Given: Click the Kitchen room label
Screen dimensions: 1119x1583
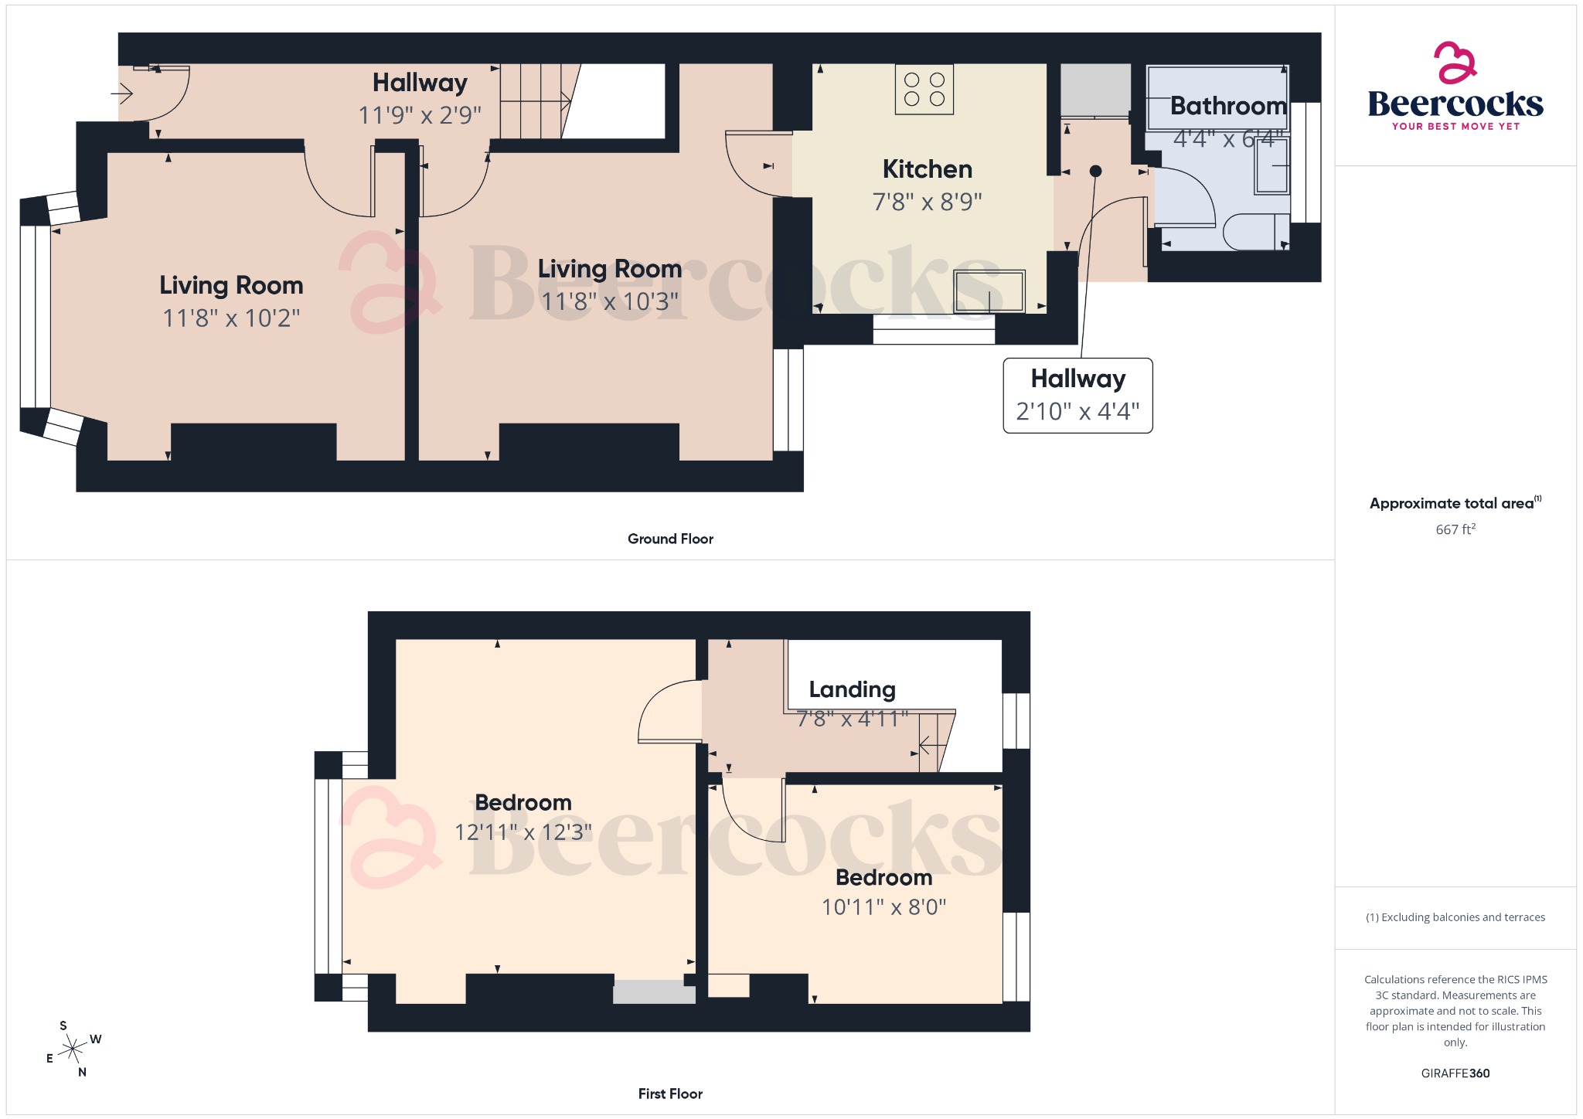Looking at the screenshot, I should click(927, 169).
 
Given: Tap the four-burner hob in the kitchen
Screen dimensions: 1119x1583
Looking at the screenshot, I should click(924, 90).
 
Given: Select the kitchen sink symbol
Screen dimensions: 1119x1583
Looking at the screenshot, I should click(989, 291).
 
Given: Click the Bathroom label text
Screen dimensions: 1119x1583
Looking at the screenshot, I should click(1227, 106).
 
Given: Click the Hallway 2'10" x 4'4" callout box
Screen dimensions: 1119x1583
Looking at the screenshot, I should click(1077, 395).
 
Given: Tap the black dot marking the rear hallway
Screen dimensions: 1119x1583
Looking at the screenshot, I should click(1095, 172).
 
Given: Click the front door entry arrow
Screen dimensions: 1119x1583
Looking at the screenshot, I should click(122, 94).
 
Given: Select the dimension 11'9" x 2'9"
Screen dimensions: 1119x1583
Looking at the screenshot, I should click(420, 116).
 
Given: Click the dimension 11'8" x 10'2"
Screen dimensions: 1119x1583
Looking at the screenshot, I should click(231, 318).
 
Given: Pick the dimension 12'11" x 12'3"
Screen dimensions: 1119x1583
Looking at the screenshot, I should click(523, 832).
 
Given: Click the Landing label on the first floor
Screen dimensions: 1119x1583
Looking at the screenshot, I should click(852, 689).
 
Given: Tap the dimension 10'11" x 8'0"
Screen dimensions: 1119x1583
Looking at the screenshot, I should click(883, 906).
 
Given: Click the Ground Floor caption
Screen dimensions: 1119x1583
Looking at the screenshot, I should click(670, 539).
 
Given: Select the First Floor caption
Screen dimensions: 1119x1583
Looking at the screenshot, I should click(670, 1093).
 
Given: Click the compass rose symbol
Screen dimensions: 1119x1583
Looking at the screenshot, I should click(73, 1049).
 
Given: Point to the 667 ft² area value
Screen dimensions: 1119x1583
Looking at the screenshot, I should click(1455, 529).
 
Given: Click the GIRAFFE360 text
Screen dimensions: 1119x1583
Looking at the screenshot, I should click(1455, 1073).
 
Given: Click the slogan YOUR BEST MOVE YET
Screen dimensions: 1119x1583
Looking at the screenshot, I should click(1455, 126).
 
